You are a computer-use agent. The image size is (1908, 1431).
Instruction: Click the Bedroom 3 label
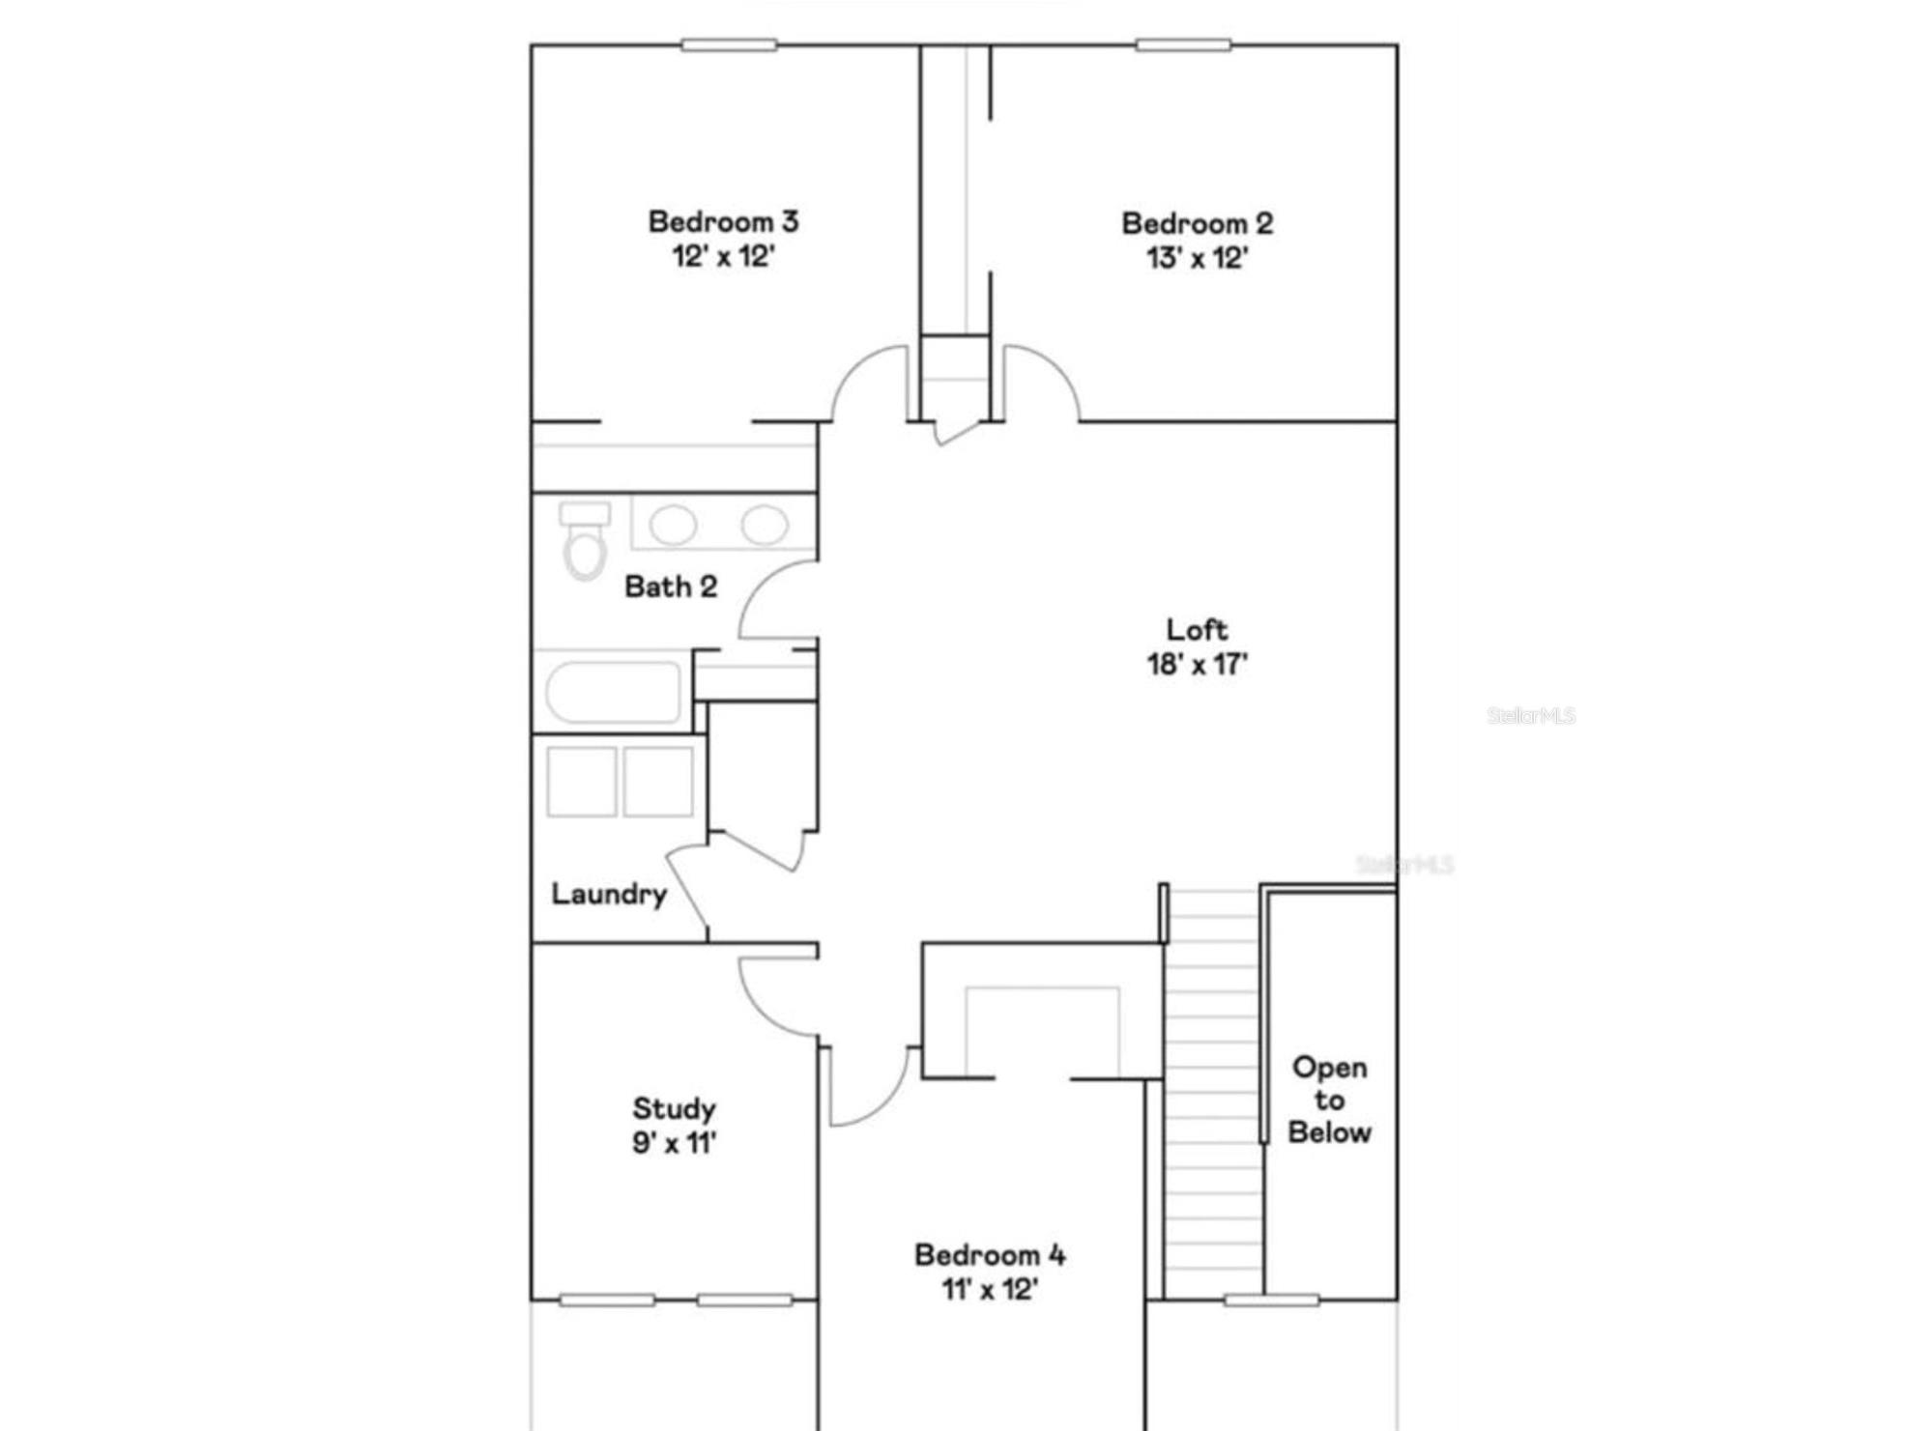(x=723, y=222)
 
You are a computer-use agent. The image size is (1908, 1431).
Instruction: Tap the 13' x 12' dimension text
(x=1197, y=258)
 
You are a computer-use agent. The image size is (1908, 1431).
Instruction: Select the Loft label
(x=1197, y=630)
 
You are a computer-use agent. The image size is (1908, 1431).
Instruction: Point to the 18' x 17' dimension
(x=1197, y=665)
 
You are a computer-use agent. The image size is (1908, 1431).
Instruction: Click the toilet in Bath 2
(x=585, y=540)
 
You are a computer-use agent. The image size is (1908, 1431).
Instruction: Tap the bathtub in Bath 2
(x=613, y=692)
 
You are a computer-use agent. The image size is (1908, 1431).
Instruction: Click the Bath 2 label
(x=671, y=587)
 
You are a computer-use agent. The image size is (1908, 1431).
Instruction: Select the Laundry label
(x=609, y=895)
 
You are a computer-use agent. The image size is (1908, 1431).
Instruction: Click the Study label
(x=674, y=1108)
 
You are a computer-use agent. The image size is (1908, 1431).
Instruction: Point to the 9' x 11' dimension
(x=674, y=1143)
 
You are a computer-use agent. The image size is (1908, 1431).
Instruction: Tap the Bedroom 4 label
(x=990, y=1255)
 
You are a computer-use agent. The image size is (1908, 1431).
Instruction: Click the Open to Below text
(x=1329, y=1100)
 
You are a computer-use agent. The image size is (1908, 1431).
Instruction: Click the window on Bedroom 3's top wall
(x=729, y=44)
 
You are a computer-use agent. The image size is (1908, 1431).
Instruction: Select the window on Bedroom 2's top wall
(x=1183, y=44)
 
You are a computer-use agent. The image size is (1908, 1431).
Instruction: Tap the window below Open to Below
(x=1271, y=1301)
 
